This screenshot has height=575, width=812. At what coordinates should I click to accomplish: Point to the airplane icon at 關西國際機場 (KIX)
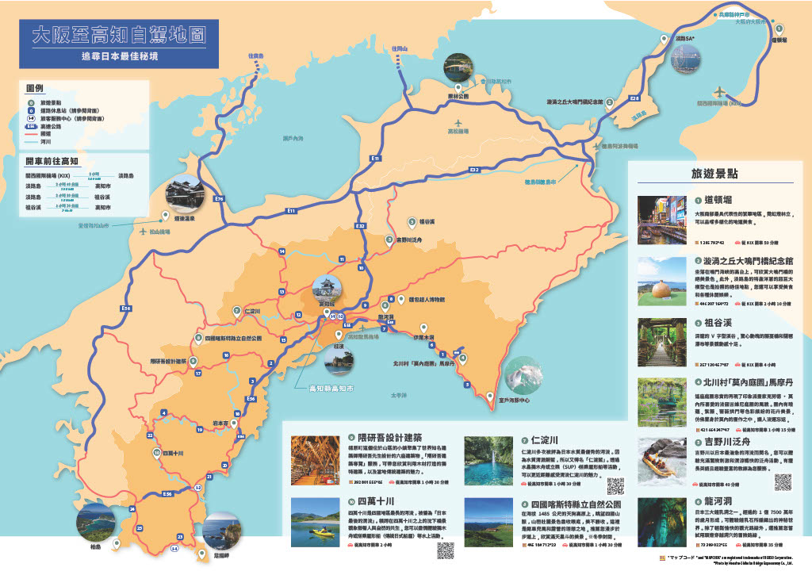pos(720,91)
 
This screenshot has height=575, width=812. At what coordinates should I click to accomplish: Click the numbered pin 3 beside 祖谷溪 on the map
pos(412,222)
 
